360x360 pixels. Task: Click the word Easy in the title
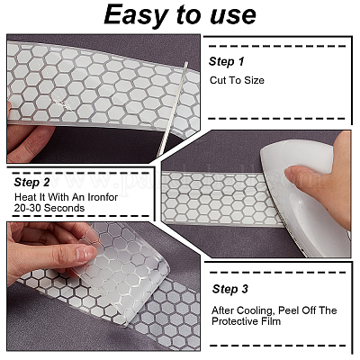pyautogui.click(x=136, y=15)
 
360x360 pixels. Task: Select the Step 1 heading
pyautogui.click(x=227, y=61)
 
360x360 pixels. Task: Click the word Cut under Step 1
pyautogui.click(x=218, y=80)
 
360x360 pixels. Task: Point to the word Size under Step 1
pyautogui.click(x=254, y=80)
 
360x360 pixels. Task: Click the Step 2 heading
pyautogui.click(x=31, y=183)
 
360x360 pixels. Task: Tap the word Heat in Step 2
pyautogui.click(x=25, y=197)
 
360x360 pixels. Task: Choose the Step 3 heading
pyautogui.click(x=230, y=289)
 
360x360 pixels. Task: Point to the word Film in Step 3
pyautogui.click(x=273, y=321)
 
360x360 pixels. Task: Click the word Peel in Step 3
pyautogui.click(x=287, y=310)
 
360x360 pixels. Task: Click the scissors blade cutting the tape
pyautogui.click(x=172, y=110)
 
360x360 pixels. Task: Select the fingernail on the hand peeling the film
pyautogui.click(x=86, y=254)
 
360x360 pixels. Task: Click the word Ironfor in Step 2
pyautogui.click(x=103, y=197)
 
